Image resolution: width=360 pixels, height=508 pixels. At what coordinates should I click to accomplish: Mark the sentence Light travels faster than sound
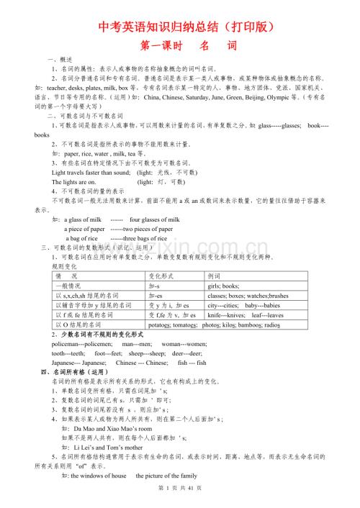[91, 173]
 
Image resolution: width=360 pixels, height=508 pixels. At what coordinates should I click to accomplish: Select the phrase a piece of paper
[85, 229]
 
